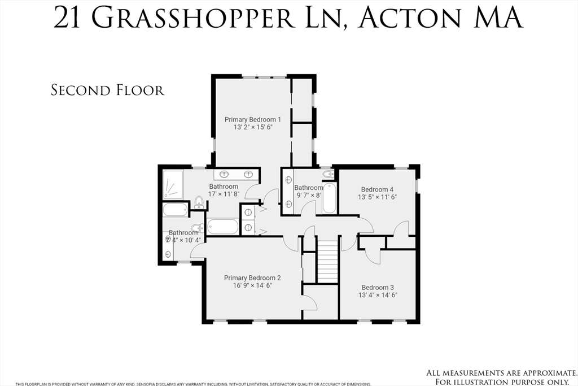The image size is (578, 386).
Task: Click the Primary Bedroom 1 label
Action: pos(252,119)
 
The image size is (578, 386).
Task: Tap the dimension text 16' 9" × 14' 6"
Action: pos(252,287)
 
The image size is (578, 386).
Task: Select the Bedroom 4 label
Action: pos(377,189)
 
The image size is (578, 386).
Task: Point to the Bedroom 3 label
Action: pos(378,287)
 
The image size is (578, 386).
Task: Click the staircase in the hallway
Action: pos(328,261)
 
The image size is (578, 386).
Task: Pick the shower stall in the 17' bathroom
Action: pos(173,184)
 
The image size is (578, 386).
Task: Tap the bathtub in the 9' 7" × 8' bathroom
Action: pos(329,199)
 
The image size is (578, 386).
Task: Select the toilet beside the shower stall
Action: pos(199,202)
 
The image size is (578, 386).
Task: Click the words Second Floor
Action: pos(107,90)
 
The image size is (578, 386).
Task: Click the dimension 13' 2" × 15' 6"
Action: pos(252,128)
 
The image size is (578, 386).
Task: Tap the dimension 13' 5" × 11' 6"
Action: pos(377,198)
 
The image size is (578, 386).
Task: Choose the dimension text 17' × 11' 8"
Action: pos(224,194)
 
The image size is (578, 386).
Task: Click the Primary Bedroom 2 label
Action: pos(252,277)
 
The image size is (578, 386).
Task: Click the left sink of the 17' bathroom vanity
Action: pos(224,174)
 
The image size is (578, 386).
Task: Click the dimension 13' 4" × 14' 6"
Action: pos(378,295)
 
